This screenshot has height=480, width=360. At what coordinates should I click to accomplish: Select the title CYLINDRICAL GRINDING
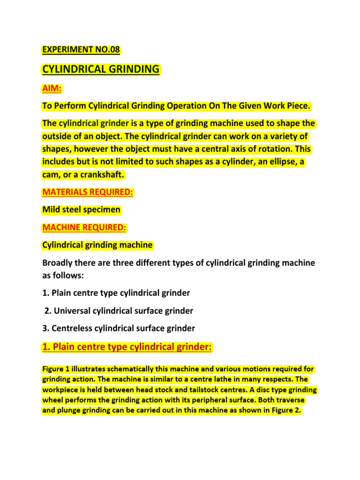(101, 69)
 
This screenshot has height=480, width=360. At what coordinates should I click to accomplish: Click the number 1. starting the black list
(46, 293)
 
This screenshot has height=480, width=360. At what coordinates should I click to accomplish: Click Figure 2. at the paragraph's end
(284, 411)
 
